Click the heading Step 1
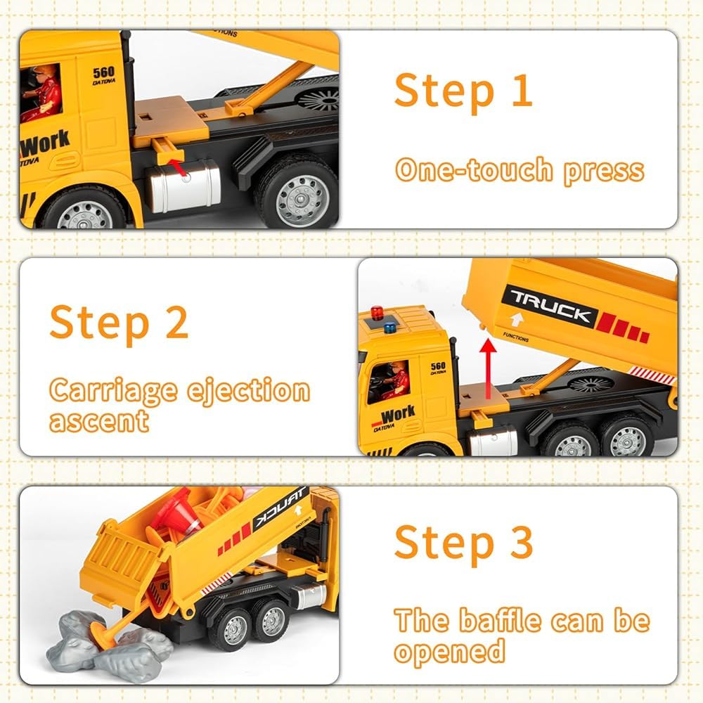click(x=463, y=91)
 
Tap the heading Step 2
click(x=119, y=322)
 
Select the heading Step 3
click(x=463, y=543)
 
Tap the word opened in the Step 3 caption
click(x=449, y=651)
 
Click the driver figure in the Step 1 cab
click(x=44, y=93)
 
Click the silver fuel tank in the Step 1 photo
click(x=186, y=186)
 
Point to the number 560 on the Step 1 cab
click(x=103, y=72)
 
